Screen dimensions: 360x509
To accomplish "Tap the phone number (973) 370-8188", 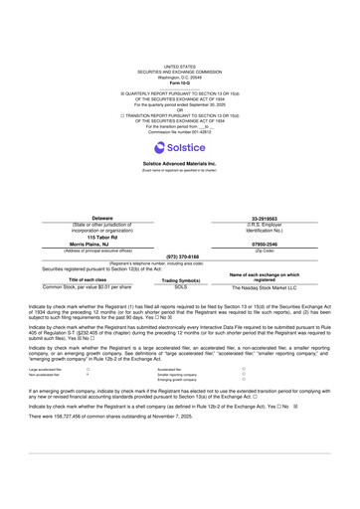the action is tap(180, 255).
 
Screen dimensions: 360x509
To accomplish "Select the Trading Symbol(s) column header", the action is tap(180, 279).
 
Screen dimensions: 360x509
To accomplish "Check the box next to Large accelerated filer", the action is tap(89, 369).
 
